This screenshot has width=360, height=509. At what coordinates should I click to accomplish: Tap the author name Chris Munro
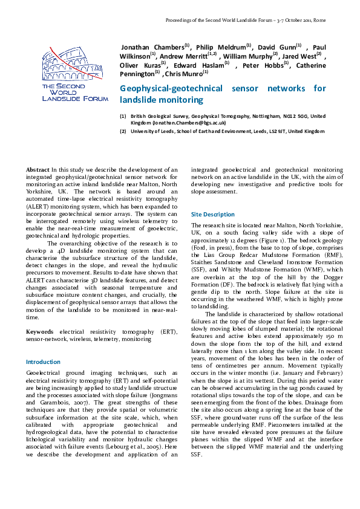pos(182,74)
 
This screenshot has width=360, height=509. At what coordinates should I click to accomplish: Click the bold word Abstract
pos(38,170)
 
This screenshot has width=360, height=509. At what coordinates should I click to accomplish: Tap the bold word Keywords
pos(42,332)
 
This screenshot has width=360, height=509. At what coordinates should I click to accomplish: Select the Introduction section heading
pos(43,361)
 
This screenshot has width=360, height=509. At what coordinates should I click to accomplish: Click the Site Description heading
pos(212,214)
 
